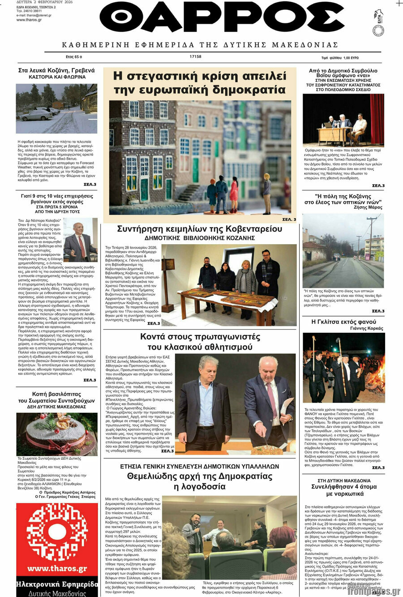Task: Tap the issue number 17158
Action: [x=196, y=57]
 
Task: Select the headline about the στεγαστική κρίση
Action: [x=199, y=82]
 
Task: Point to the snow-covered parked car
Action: [x=36, y=115]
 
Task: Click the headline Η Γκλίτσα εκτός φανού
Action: [x=343, y=322]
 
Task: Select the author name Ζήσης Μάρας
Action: [x=370, y=207]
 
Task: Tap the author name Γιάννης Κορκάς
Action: [x=369, y=328]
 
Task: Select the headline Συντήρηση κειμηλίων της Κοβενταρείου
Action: [x=199, y=229]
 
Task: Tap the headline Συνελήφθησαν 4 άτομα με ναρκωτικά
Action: [x=343, y=490]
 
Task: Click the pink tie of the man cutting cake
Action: [x=272, y=399]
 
